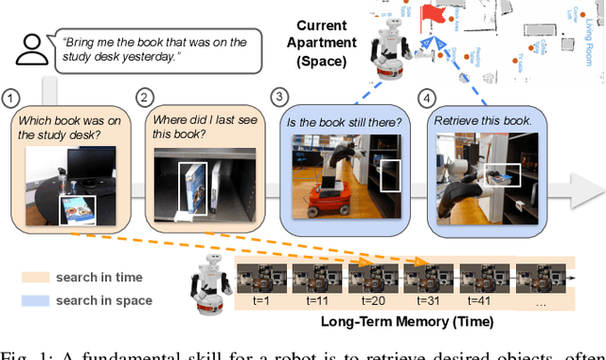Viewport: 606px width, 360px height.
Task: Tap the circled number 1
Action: coord(11,98)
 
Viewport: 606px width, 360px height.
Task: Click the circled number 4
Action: coord(426,98)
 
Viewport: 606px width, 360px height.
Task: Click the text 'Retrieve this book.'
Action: coord(479,120)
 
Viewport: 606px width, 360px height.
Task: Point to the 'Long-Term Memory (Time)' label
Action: coord(408,322)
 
